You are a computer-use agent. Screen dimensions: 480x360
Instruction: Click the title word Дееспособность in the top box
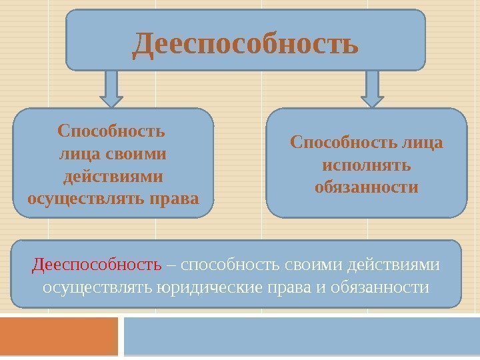(245, 44)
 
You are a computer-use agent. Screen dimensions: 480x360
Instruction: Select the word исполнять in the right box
(366, 163)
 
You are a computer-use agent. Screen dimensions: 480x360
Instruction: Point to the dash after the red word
(171, 265)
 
